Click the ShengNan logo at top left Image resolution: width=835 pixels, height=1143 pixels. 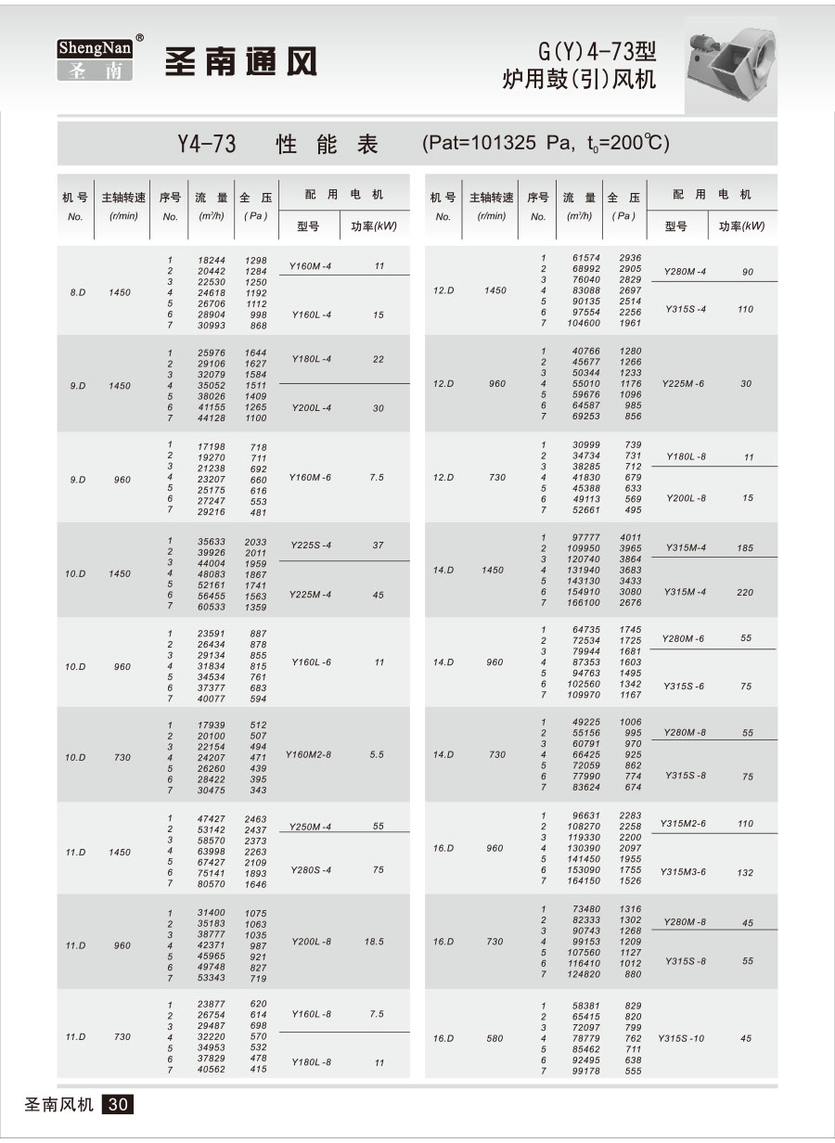95,59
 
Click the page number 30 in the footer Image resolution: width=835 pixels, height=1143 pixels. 121,1104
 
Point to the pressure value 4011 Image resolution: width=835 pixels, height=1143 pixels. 630,537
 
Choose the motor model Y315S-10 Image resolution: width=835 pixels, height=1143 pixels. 681,1038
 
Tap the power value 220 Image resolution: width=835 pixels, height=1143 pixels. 745,593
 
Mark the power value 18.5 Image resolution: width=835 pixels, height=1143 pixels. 374,942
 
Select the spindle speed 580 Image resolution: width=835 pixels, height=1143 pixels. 496,1038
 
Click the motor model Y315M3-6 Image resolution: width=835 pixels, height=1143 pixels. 684,872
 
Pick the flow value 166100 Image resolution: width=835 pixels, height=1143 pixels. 584,603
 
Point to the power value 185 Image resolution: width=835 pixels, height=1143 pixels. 745,548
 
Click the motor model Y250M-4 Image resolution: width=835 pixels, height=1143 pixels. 311,827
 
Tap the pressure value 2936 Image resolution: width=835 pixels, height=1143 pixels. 630,258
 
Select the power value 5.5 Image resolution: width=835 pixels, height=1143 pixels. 376,755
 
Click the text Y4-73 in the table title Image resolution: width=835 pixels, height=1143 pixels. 206,144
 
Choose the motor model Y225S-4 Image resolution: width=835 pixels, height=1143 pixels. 311,545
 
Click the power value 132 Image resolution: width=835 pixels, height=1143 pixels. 745,872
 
